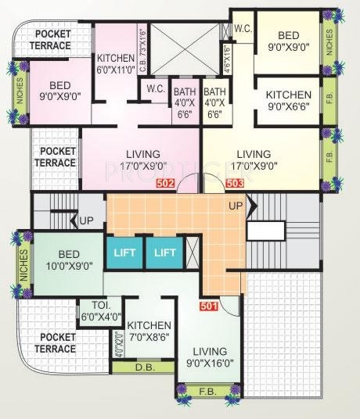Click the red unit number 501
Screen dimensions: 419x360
click(209, 306)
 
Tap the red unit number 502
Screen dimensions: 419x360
click(165, 184)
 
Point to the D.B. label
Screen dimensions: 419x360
click(143, 389)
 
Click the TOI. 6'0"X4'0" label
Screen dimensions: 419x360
click(101, 312)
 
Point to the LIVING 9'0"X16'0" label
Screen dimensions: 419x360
click(207, 357)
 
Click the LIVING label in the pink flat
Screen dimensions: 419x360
click(142, 159)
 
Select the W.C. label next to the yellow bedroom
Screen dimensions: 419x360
click(242, 28)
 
